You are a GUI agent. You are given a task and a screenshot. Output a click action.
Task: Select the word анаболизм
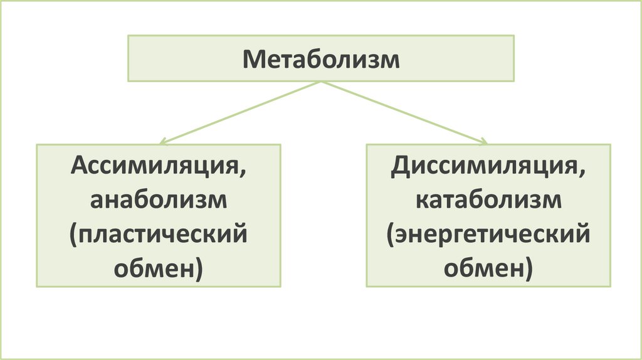(158, 201)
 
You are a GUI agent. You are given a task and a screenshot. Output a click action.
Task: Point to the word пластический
(162, 236)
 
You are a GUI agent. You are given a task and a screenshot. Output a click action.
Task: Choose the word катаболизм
(488, 201)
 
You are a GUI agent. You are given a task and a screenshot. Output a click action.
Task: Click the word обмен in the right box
(484, 270)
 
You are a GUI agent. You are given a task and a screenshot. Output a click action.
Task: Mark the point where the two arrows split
(321, 82)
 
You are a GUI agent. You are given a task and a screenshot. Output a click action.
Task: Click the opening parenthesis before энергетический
(390, 237)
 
